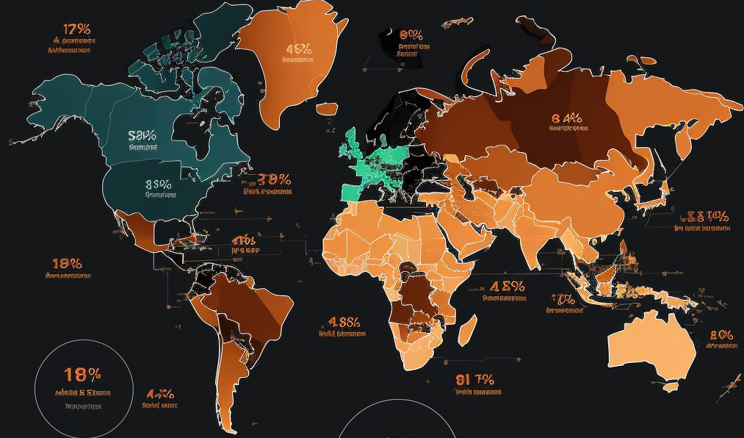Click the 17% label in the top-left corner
click(76, 30)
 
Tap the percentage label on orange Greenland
click(299, 49)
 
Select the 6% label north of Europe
click(411, 35)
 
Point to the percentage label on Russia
click(566, 118)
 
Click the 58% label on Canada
click(142, 136)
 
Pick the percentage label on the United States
click(159, 184)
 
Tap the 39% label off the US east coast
click(273, 179)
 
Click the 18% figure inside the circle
click(82, 374)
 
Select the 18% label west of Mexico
click(67, 263)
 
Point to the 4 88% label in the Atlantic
click(343, 322)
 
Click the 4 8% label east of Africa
click(507, 287)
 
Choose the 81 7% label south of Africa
click(474, 380)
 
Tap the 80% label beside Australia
click(721, 334)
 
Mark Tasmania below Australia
click(670, 386)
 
